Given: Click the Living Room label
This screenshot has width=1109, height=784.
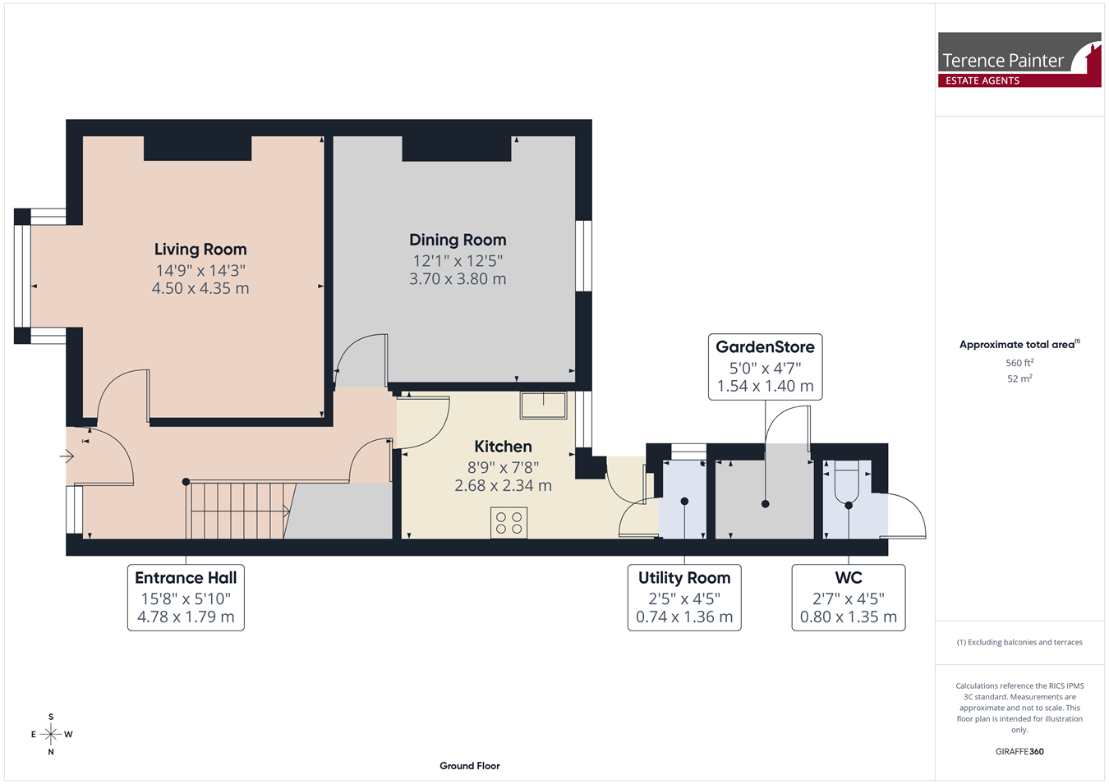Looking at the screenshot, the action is (x=200, y=250).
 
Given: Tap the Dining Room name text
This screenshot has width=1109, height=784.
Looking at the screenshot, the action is (x=458, y=240).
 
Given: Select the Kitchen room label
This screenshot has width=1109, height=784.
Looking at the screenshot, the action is (x=503, y=446).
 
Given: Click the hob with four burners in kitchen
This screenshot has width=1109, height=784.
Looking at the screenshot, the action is (x=509, y=522).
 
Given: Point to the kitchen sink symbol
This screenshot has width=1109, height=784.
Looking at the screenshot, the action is (x=543, y=406).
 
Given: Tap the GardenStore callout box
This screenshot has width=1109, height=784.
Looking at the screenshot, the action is (x=765, y=366).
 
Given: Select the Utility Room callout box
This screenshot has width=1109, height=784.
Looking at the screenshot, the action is (x=684, y=598).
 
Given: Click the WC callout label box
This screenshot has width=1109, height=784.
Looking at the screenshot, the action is (x=849, y=598).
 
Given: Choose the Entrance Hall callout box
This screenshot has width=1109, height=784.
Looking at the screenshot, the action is (x=186, y=598).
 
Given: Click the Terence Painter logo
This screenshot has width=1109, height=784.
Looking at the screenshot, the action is (x=1019, y=60).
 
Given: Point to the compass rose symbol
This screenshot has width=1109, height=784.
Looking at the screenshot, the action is (x=51, y=734).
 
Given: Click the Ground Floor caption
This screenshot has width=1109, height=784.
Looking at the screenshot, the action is (x=470, y=766).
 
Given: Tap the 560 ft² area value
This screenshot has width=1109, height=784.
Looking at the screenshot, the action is (x=1019, y=363).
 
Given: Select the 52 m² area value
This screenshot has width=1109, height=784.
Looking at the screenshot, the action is (x=1019, y=378).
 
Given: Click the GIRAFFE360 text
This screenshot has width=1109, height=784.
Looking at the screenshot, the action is (x=1019, y=751).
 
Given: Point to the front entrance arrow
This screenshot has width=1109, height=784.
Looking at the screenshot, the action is (x=67, y=456).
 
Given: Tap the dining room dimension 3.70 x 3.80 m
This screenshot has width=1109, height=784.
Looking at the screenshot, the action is (x=458, y=279).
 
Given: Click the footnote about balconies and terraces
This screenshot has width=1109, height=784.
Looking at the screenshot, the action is (x=1019, y=642).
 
